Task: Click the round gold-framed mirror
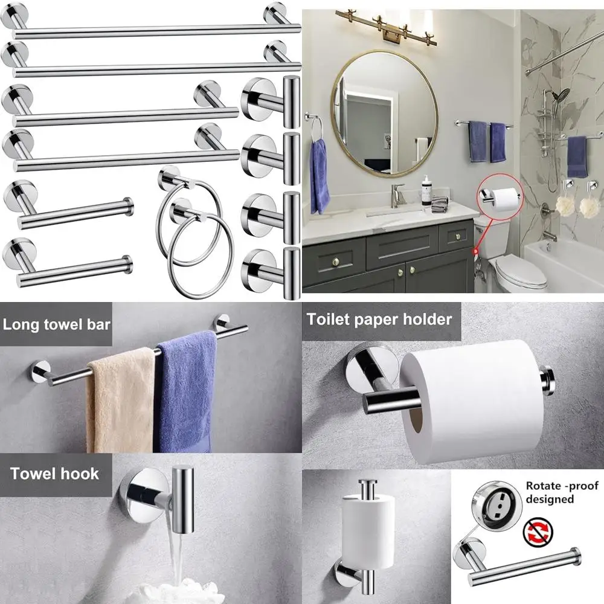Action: point(385,114)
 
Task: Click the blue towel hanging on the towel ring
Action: point(320,175)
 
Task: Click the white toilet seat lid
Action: point(518,272)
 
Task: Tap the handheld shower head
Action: point(562,95)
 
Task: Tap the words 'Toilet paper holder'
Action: point(379,319)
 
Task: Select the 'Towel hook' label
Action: point(54,473)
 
